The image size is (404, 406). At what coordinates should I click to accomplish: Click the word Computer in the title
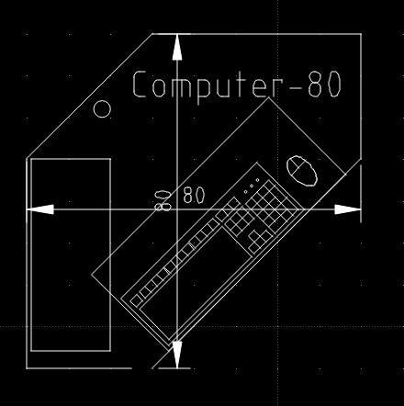[x=202, y=85]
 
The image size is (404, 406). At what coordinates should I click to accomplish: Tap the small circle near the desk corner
[x=103, y=109]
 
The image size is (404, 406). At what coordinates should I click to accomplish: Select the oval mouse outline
[x=302, y=170]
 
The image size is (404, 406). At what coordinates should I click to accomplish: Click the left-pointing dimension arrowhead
[x=39, y=209]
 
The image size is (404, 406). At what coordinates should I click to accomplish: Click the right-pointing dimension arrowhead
[x=347, y=209]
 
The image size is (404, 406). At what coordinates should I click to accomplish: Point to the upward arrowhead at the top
[x=177, y=48]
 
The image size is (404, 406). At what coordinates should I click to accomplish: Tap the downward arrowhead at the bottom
[x=177, y=354]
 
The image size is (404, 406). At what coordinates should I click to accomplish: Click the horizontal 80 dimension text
[x=193, y=196]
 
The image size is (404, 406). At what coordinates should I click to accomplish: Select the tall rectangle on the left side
[x=71, y=254]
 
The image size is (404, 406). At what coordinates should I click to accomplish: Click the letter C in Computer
[x=140, y=85]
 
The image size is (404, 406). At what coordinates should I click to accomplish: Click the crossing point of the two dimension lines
[x=177, y=209]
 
